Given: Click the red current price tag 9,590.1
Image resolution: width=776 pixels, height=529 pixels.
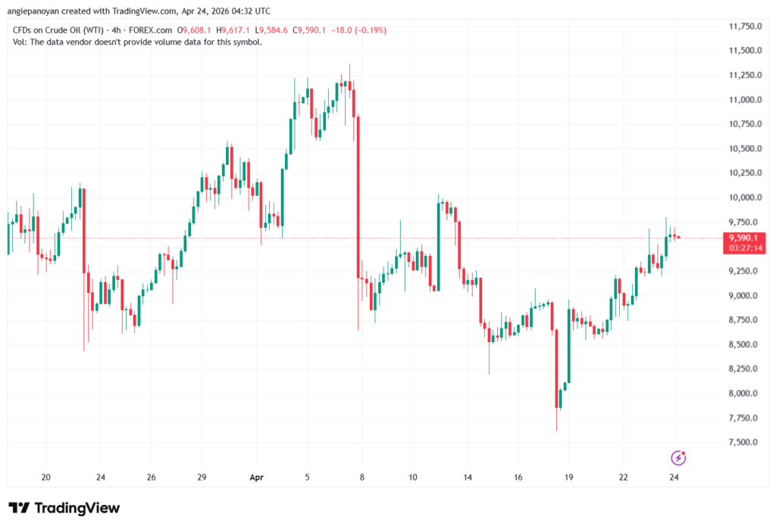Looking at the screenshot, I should click(x=743, y=238).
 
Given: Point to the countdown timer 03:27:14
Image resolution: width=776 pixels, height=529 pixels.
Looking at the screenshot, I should click(x=743, y=247).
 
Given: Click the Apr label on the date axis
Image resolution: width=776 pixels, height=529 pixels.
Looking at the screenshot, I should click(x=255, y=478).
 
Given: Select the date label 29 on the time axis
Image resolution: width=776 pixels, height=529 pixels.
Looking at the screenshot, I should click(x=202, y=478).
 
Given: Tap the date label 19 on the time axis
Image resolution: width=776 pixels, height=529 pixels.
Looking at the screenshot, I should click(x=568, y=478).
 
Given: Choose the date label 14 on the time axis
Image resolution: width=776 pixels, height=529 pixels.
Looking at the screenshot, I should click(x=468, y=478).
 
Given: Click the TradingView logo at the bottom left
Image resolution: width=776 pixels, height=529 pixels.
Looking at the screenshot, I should click(x=64, y=508).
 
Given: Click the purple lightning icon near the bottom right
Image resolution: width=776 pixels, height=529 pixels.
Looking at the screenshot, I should click(x=679, y=458).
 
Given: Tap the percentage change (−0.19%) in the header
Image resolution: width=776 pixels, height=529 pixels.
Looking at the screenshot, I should click(x=368, y=30).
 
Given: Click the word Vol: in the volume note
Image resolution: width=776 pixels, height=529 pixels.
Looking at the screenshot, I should click(x=21, y=42).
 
